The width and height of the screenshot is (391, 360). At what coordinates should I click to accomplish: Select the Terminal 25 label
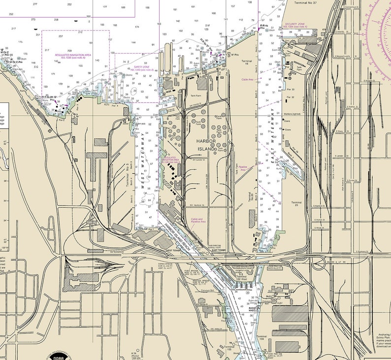point(296,204)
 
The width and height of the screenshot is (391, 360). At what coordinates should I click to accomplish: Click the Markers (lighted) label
point(293,113)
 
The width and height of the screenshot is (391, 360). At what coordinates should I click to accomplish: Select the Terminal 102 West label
point(241,279)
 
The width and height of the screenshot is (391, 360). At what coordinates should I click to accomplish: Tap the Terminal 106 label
point(261,337)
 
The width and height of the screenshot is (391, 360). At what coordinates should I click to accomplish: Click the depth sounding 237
point(61,36)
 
